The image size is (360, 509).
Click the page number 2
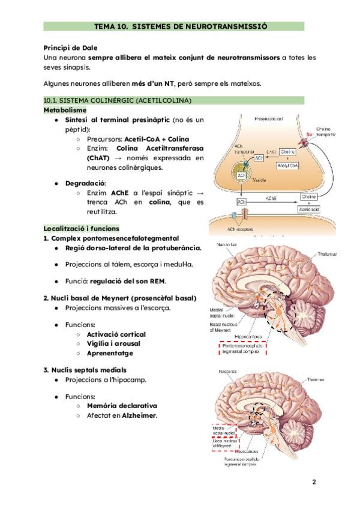coord(314,482)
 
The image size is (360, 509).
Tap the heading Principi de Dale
coord(70,47)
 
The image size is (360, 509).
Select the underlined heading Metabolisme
coord(65,110)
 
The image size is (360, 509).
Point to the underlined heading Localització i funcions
coord(82,229)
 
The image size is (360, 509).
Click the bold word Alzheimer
coord(139,415)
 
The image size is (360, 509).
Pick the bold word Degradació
coord(85,182)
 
